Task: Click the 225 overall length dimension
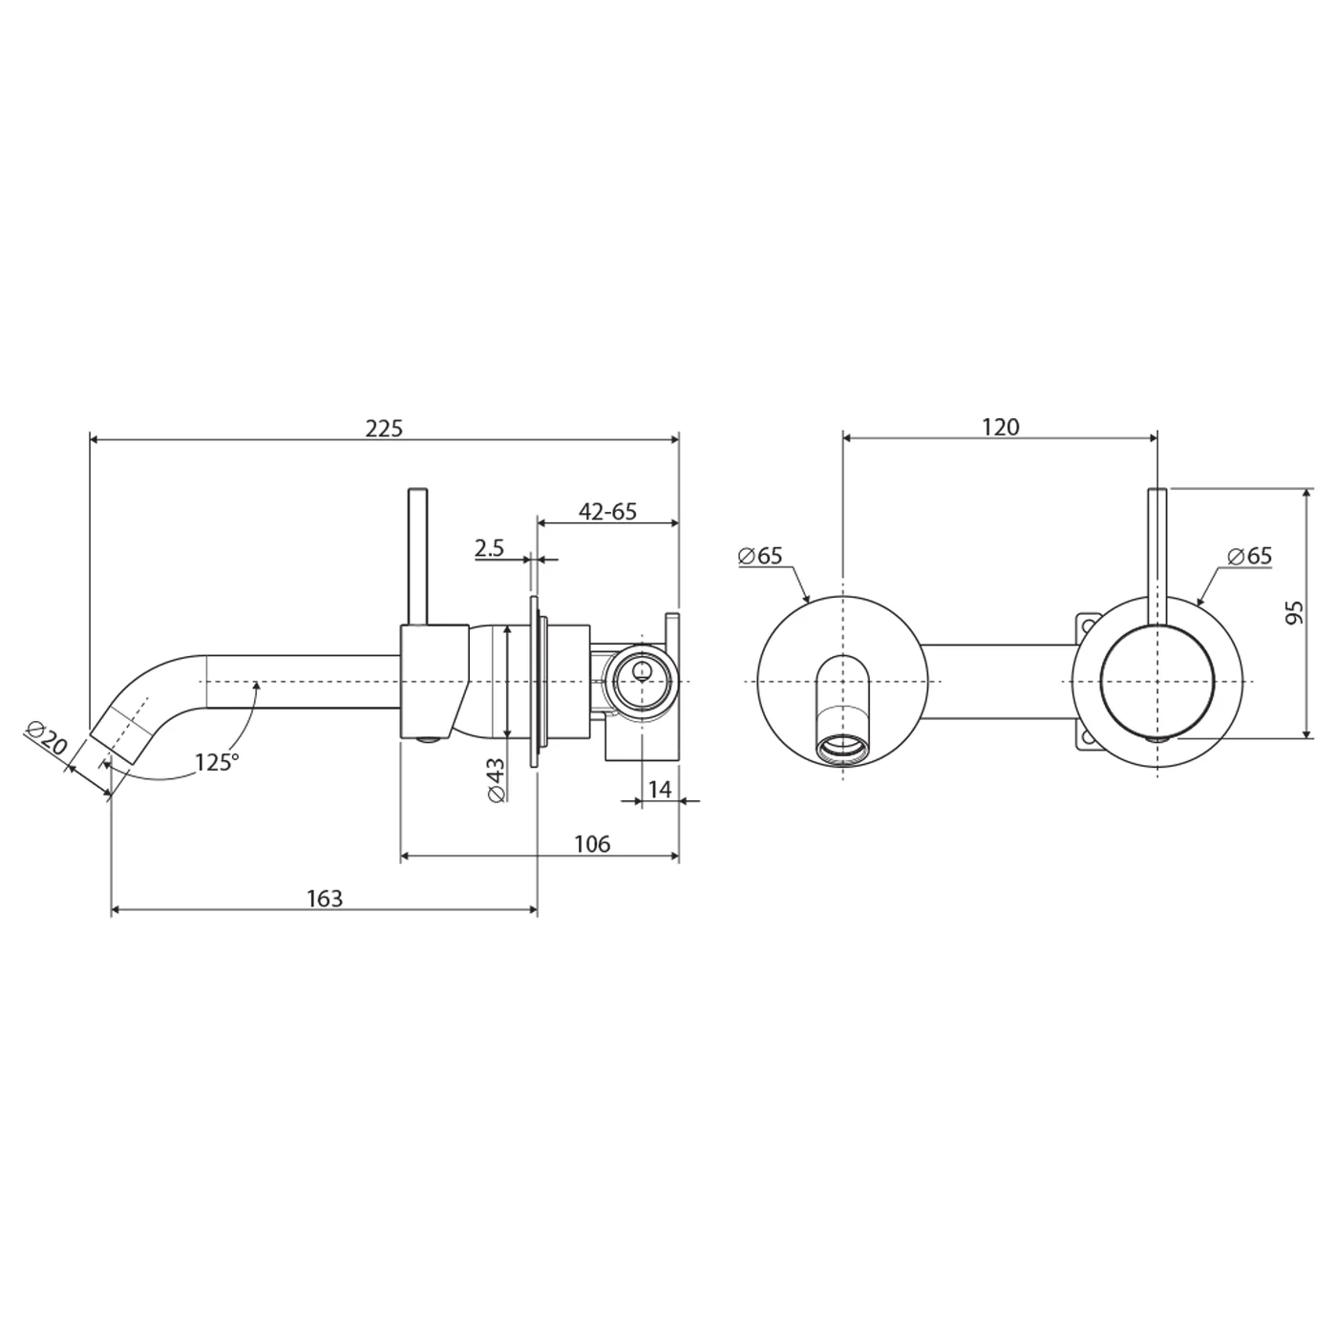click(x=384, y=428)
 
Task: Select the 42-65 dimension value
click(x=607, y=512)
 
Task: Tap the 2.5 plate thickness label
click(x=489, y=548)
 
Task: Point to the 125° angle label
click(x=216, y=762)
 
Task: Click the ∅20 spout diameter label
click(x=45, y=741)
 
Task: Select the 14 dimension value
click(x=660, y=789)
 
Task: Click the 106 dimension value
click(x=591, y=844)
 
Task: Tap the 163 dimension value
click(x=325, y=899)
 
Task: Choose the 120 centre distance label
click(x=1001, y=427)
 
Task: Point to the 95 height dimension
click(x=1295, y=613)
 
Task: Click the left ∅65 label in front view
click(x=760, y=556)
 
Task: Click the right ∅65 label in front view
click(x=1249, y=556)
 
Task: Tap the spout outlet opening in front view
click(x=843, y=748)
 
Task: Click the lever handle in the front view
click(x=1157, y=554)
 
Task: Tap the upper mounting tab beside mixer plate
click(x=1087, y=625)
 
